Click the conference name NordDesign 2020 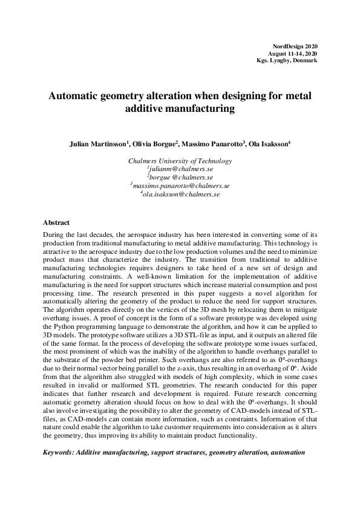[x=295, y=47]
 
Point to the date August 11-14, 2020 [x=293, y=54]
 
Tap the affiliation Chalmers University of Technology [x=180, y=161]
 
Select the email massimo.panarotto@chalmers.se [x=180, y=187]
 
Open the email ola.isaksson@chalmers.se [x=180, y=195]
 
